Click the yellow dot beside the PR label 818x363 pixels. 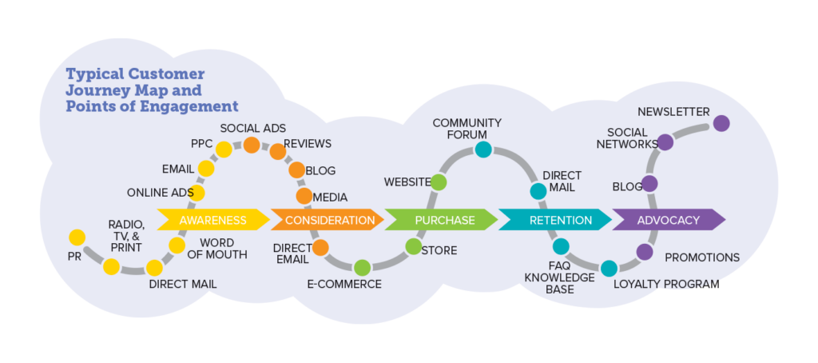click(77, 237)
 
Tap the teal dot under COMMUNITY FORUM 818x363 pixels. click(482, 150)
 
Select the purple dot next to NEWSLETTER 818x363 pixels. click(721, 123)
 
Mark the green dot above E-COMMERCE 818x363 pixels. click(361, 268)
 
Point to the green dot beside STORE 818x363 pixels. click(413, 246)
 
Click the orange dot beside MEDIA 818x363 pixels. click(304, 196)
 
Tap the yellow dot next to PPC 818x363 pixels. click(224, 149)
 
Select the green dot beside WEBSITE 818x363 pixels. click(438, 182)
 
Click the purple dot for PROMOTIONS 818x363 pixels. click(645, 252)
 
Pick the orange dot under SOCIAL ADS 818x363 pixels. click(251, 145)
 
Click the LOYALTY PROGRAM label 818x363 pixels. click(666, 284)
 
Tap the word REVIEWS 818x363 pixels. click(308, 144)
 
